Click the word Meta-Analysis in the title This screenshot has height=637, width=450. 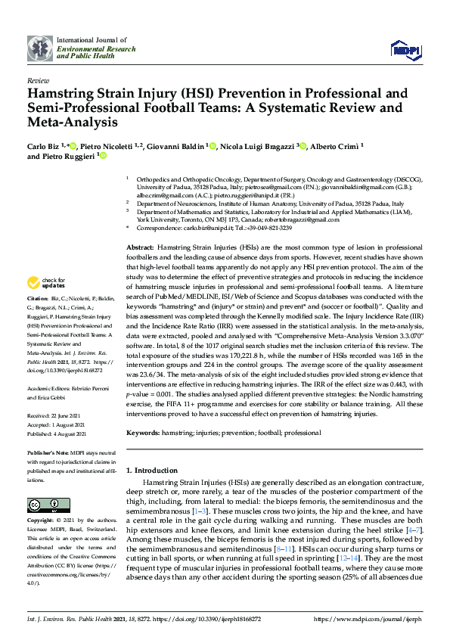[73, 121]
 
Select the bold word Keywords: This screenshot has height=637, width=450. [144, 433]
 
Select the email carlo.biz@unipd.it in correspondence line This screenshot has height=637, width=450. [203, 228]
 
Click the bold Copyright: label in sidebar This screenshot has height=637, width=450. [42, 521]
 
